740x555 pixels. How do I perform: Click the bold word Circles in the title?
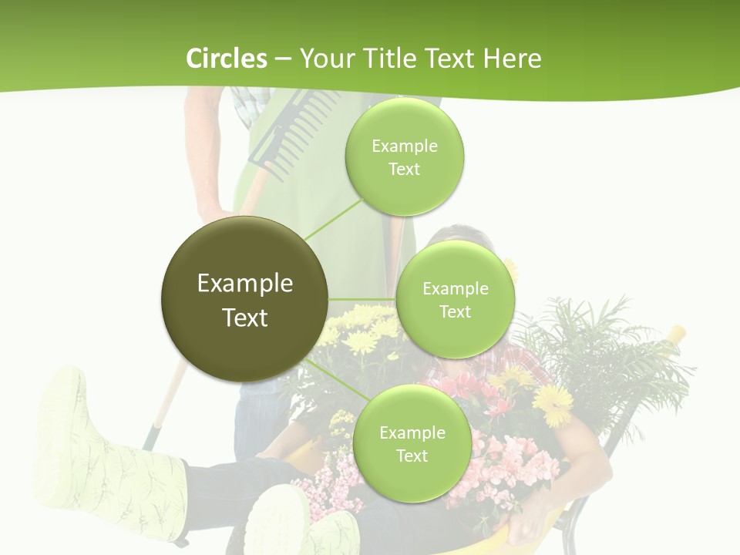[x=226, y=59]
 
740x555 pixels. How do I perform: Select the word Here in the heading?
[x=513, y=59]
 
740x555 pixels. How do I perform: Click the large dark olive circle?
[x=245, y=299]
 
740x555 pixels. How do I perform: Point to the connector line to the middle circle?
[x=362, y=299]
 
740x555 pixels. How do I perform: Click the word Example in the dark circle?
[x=245, y=284]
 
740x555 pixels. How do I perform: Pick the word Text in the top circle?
[x=404, y=170]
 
